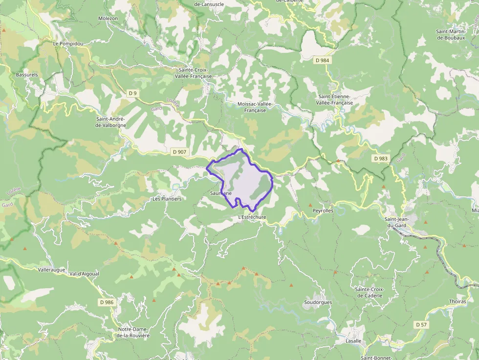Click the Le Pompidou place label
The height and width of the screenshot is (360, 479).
[68, 43]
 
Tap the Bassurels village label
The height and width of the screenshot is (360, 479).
[27, 75]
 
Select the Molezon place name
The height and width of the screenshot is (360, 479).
[108, 18]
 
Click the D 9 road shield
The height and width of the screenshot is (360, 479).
[132, 93]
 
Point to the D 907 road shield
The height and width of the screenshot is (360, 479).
[180, 152]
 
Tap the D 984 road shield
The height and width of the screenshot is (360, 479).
[323, 60]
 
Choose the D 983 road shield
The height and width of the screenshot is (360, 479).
[380, 158]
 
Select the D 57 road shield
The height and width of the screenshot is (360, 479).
[421, 324]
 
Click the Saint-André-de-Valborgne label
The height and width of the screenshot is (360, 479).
[111, 122]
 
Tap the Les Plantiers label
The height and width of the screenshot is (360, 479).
[167, 199]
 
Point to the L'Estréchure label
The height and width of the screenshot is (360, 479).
[252, 217]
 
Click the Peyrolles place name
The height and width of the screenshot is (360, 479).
[323, 211]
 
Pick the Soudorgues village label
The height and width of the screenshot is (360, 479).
[318, 302]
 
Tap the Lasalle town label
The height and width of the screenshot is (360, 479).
[353, 341]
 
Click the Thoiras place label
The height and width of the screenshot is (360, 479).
[457, 301]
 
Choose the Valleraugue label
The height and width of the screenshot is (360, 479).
[51, 269]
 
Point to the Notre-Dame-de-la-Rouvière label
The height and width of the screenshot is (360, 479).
[133, 333]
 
